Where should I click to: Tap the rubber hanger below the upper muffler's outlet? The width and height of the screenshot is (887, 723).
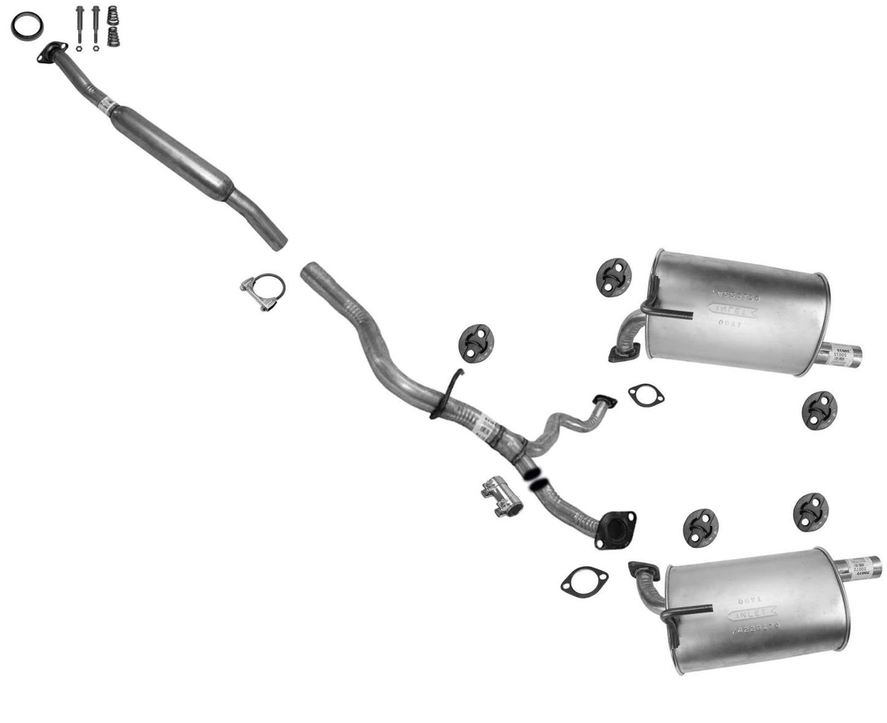pyautogui.click(x=819, y=410)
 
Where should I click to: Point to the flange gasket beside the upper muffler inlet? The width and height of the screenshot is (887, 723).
pyautogui.click(x=646, y=395)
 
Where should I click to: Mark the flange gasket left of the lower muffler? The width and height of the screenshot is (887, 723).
pyautogui.click(x=583, y=580)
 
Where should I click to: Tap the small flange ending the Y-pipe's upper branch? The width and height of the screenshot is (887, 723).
pyautogui.click(x=605, y=401)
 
